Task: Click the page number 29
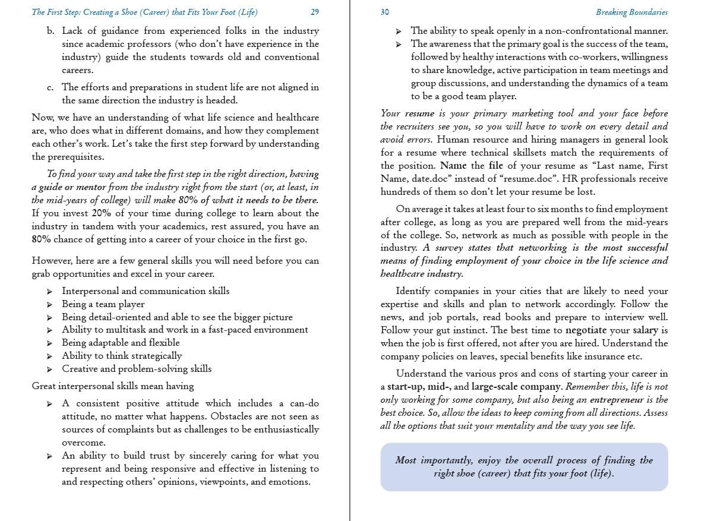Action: tap(315, 12)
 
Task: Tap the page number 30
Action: tap(385, 12)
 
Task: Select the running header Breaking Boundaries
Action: tap(631, 12)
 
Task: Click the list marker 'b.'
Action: tap(50, 31)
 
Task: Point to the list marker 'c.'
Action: tap(50, 87)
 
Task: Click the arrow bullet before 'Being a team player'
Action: tap(49, 304)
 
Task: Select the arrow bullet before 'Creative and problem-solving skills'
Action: tap(49, 369)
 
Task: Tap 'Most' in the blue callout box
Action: tap(406, 460)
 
